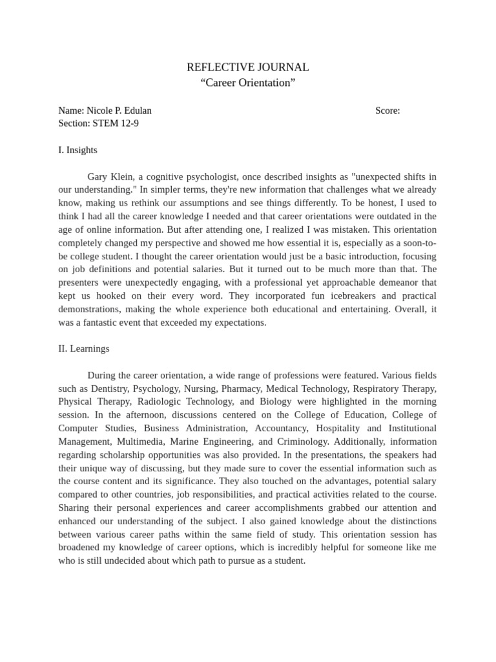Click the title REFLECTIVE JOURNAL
(x=247, y=67)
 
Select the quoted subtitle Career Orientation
(x=247, y=83)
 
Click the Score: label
(x=387, y=111)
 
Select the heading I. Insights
(x=77, y=150)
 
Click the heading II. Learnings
(x=83, y=348)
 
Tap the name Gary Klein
(x=110, y=176)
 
